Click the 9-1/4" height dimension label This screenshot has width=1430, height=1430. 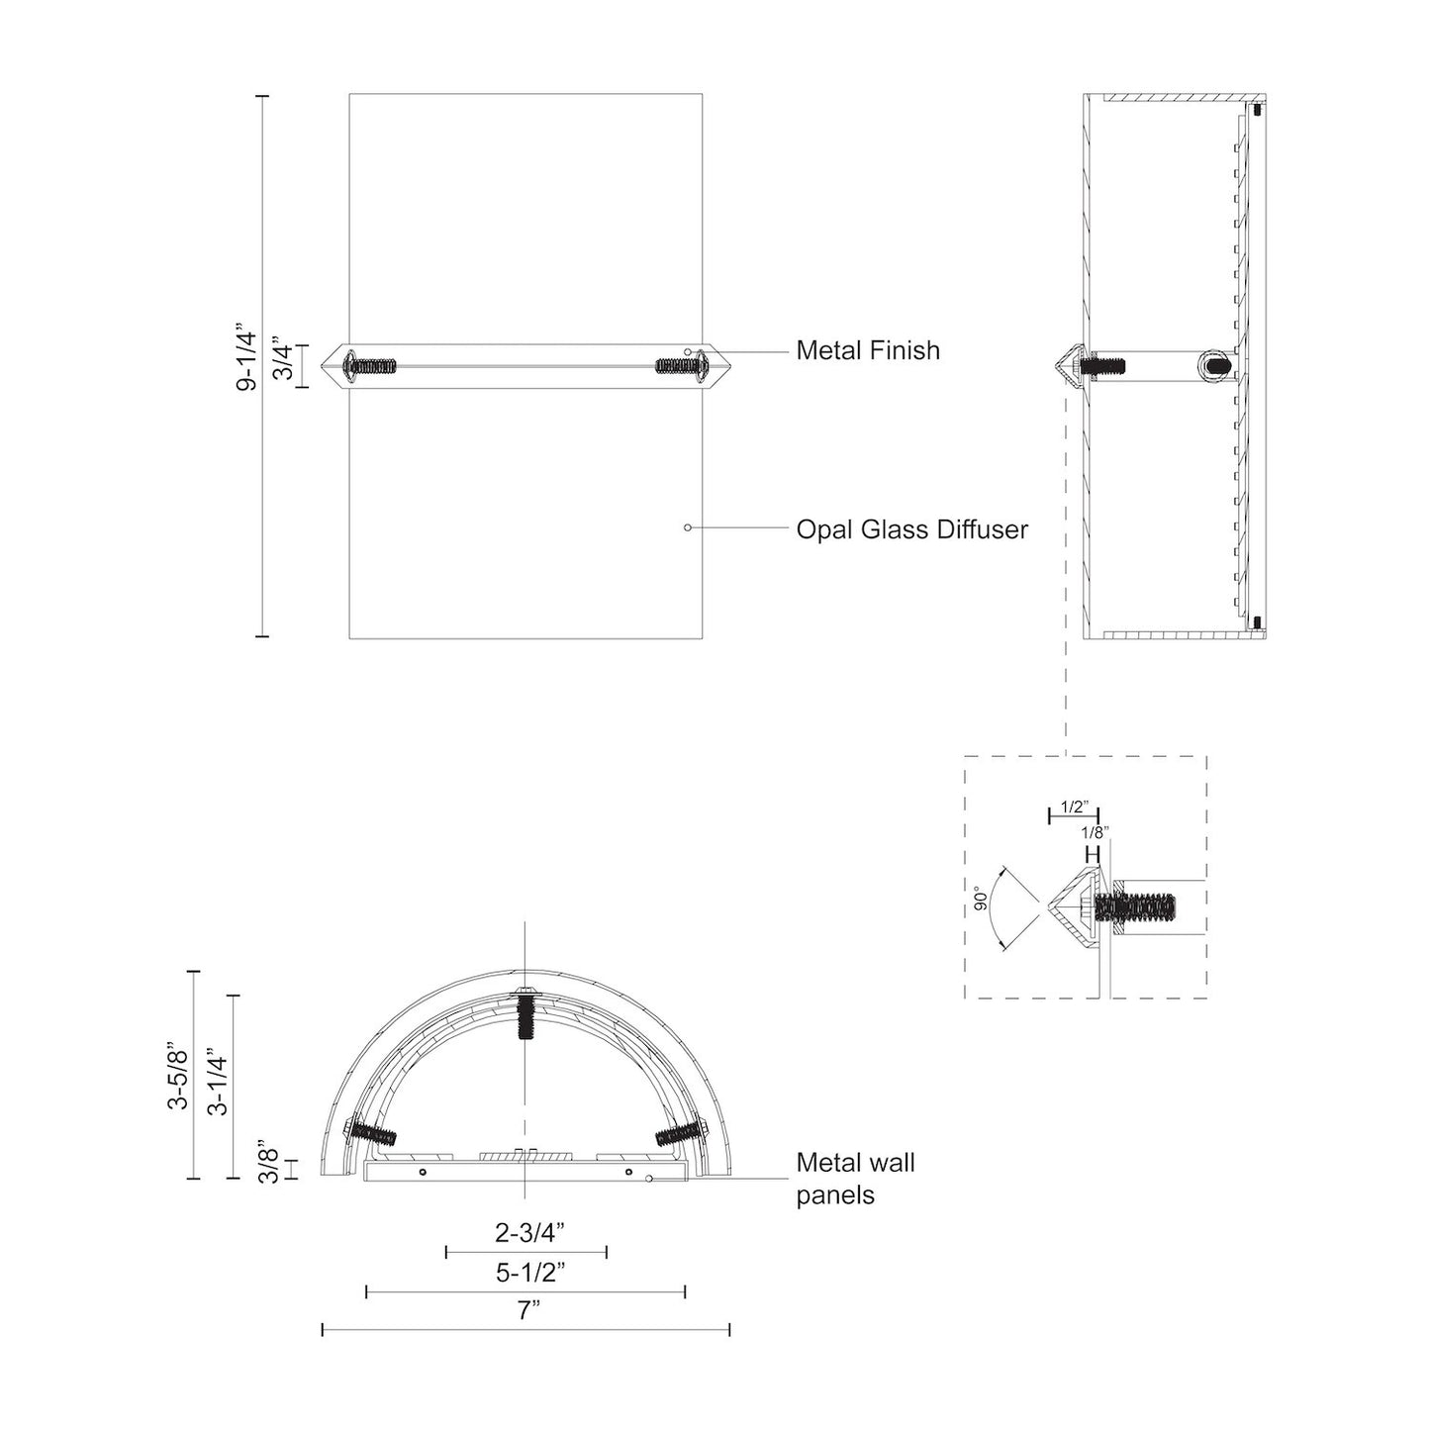pyautogui.click(x=246, y=361)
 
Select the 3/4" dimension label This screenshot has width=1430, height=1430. pyautogui.click(x=283, y=363)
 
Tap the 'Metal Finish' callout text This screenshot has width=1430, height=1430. pyautogui.click(x=868, y=350)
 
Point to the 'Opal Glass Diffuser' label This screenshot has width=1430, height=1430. pyautogui.click(x=911, y=529)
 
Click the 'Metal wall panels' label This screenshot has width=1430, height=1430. pyautogui.click(x=855, y=1179)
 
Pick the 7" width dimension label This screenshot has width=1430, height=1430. pyautogui.click(x=528, y=1311)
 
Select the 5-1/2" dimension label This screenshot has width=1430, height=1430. pyautogui.click(x=529, y=1272)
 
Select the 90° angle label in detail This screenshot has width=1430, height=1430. pyautogui.click(x=982, y=899)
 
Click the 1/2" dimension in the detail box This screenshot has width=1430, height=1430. pyautogui.click(x=1073, y=807)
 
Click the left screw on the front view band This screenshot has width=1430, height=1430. pyautogui.click(x=371, y=366)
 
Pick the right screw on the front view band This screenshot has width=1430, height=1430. pyautogui.click(x=679, y=366)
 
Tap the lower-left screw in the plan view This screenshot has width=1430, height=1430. pyautogui.click(x=372, y=1134)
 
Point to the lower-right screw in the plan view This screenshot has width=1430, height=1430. pyautogui.click(x=680, y=1133)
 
